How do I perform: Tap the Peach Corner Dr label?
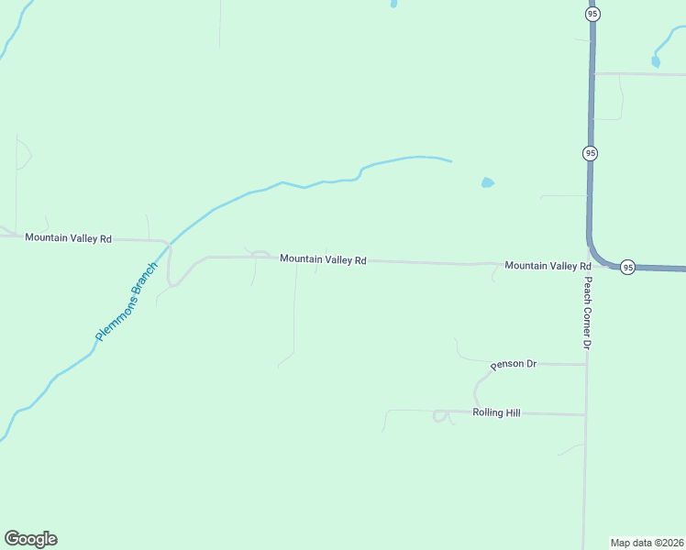point(588,313)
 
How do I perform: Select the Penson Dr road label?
point(513,364)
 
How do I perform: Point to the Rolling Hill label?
point(496,413)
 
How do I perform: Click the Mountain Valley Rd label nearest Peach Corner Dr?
point(548,266)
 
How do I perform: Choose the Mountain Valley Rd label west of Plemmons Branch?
point(68,238)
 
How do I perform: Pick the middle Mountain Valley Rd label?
point(323,260)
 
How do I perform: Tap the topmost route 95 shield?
point(592,14)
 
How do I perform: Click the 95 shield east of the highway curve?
point(627,267)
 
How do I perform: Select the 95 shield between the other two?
point(590,153)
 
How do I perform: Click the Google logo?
point(30,539)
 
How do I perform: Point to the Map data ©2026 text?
point(647,542)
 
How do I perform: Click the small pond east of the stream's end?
point(487,182)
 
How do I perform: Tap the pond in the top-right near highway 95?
point(655,61)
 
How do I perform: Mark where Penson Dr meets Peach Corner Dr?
point(586,364)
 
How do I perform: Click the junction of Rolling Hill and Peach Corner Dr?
point(586,415)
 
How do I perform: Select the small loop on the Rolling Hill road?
point(441,416)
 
